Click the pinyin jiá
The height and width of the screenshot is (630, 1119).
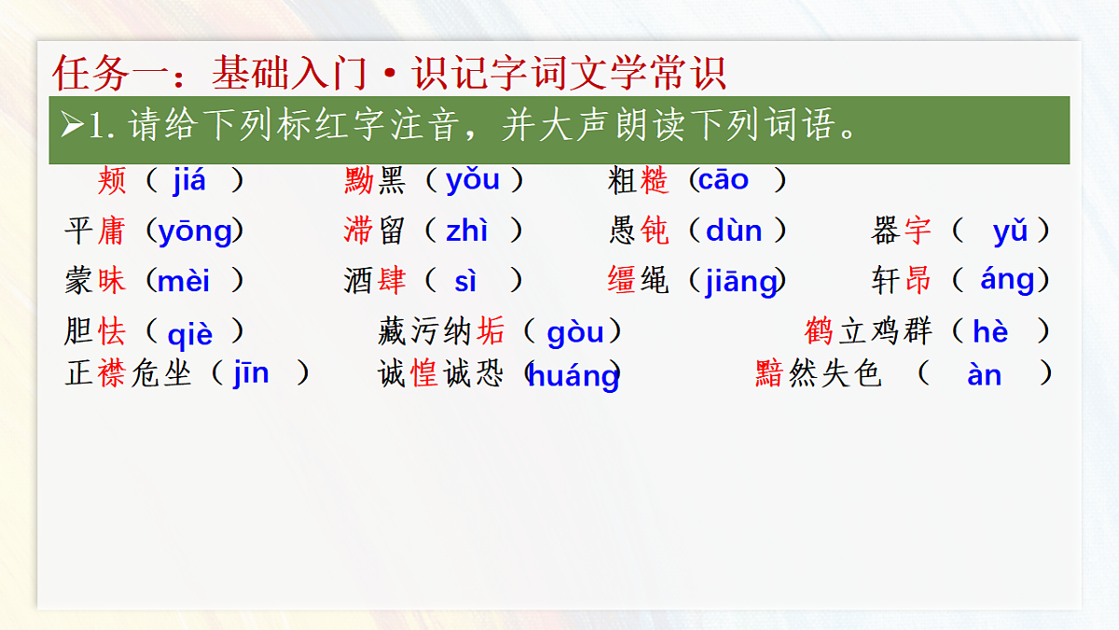[x=189, y=181]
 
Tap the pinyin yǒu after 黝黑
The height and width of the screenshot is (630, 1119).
[x=473, y=180]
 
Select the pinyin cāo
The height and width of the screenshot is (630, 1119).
[x=723, y=180]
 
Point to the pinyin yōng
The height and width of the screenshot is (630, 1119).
[x=195, y=231]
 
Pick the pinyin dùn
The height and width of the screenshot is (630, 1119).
[x=734, y=231]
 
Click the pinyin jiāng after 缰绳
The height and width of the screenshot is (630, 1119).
[x=741, y=282]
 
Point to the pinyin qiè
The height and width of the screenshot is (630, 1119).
[x=190, y=333]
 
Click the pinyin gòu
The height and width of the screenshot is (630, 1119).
[x=575, y=331]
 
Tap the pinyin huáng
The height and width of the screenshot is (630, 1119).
[x=573, y=376]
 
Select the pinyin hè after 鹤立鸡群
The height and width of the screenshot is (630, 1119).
[x=990, y=331]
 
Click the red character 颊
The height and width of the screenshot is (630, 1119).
[x=111, y=181]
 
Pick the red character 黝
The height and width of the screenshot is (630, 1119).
[x=358, y=180]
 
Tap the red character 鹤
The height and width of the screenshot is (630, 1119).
[x=819, y=331]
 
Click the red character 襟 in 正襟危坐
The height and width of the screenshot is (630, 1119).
[x=111, y=374]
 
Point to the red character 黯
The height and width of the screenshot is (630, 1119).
[x=769, y=374]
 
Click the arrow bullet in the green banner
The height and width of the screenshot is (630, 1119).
[x=72, y=126]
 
